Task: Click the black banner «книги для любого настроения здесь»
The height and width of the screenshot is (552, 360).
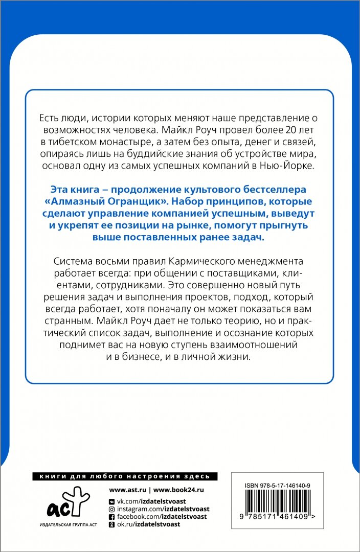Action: tap(125, 476)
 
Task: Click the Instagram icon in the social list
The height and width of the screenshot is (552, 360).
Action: tap(112, 509)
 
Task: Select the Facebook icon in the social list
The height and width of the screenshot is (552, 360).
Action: tap(112, 517)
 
